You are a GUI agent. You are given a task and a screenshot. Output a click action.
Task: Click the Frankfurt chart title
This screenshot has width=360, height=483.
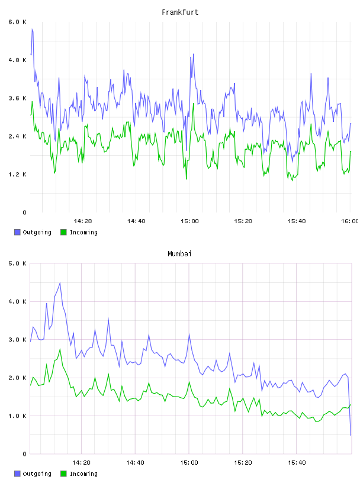[x=180, y=12]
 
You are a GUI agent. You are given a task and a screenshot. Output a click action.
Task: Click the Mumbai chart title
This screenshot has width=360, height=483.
[x=179, y=254]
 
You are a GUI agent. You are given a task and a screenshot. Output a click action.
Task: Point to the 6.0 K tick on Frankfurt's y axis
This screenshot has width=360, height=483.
[x=18, y=22]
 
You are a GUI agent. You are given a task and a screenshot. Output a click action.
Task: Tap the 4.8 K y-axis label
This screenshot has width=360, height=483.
[x=18, y=60]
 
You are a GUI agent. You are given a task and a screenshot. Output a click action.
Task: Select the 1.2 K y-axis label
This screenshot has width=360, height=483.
[x=18, y=175]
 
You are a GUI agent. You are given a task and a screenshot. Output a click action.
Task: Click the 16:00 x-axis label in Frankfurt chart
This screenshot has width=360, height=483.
[x=350, y=221]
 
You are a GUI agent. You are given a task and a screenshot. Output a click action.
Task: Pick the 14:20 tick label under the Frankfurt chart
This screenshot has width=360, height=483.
[x=83, y=221]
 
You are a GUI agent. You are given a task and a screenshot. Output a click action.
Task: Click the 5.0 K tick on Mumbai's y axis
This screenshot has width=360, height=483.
[x=18, y=263]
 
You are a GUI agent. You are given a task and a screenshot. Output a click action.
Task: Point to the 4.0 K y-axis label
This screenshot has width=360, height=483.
[x=18, y=301]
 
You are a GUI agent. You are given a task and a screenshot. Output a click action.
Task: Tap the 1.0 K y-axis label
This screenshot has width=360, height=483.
[x=18, y=416]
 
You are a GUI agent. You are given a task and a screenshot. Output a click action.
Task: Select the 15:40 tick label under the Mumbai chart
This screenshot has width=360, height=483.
[x=297, y=463]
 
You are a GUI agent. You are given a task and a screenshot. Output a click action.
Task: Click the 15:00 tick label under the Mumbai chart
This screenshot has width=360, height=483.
[x=189, y=463]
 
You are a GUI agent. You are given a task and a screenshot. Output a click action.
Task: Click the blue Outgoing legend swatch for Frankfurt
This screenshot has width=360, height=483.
[x=17, y=232]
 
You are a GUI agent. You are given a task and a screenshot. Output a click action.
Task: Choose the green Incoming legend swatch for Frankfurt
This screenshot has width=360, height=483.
[x=63, y=232]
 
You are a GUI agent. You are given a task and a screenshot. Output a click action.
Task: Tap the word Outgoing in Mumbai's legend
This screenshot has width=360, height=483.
[x=37, y=474]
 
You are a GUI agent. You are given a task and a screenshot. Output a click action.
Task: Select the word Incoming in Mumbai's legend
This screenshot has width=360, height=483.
[x=83, y=474]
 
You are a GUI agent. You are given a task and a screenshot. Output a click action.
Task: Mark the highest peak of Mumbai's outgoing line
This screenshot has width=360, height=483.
[x=60, y=283]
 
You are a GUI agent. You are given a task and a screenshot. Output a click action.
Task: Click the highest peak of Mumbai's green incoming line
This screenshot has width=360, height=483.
[x=60, y=349]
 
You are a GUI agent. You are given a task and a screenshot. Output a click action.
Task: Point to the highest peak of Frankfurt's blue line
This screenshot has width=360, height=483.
[x=32, y=29]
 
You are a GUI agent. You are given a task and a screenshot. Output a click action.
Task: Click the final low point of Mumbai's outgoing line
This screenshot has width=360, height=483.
[x=351, y=435]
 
